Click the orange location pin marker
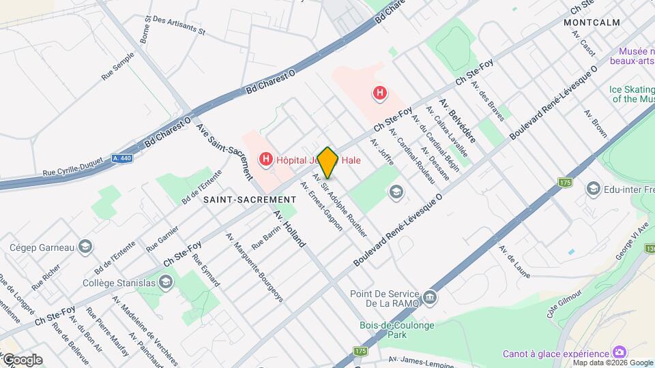coord(328,162)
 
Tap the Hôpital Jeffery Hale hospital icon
coord(266,160)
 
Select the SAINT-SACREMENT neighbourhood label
coord(250,199)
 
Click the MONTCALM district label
coord(592,22)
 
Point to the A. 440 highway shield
coord(122,158)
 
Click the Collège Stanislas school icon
coord(165,282)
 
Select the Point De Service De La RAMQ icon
coord(430,297)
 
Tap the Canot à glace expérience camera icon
coord(620,352)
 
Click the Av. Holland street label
coord(290,229)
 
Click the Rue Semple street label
coord(117,68)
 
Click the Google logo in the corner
coord(22,360)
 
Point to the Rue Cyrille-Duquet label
coord(72,172)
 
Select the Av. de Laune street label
coord(514,262)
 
